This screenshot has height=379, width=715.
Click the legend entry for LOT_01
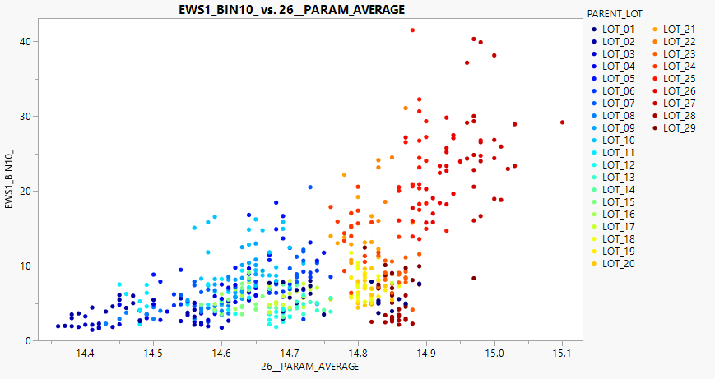(618, 30)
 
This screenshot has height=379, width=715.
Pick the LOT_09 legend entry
(618, 128)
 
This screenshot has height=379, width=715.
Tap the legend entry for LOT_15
(618, 202)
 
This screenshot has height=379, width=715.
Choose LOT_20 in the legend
(618, 264)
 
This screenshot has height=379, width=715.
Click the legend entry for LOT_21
(679, 30)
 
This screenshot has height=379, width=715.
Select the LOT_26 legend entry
(679, 91)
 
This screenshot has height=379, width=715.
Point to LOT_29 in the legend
(679, 128)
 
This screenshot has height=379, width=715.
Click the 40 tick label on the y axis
(27, 41)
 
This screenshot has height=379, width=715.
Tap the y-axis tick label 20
(27, 191)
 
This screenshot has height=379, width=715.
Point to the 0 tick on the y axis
(30, 340)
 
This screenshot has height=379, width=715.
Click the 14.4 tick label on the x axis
(84, 354)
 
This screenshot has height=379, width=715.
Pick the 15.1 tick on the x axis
(562, 354)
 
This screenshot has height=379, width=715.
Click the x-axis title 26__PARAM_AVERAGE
(309, 367)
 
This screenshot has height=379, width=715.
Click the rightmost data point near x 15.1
(562, 122)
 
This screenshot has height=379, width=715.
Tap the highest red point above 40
(412, 30)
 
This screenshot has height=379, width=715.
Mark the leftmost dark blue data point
(58, 326)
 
